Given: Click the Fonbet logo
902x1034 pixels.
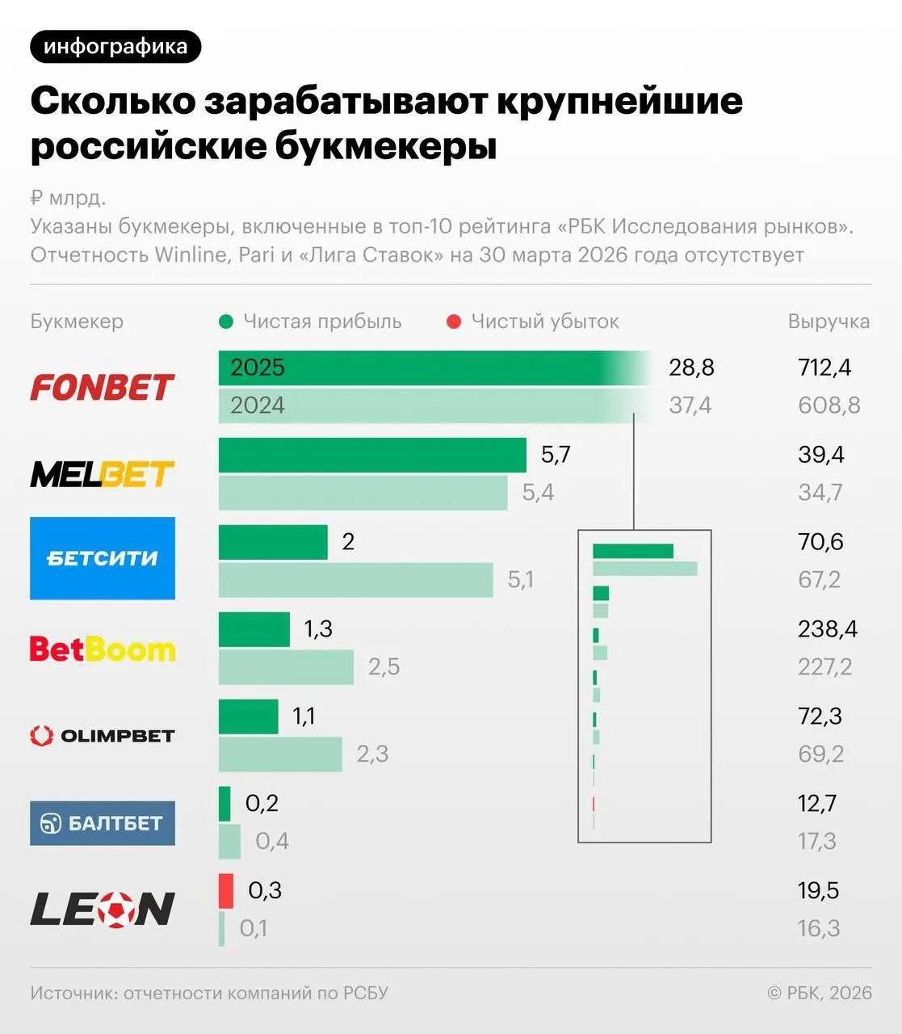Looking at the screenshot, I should pyautogui.click(x=102, y=387).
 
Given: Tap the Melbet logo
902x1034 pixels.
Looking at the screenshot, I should pyautogui.click(x=102, y=474).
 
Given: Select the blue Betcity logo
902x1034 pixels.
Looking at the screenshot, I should pyautogui.click(x=103, y=558).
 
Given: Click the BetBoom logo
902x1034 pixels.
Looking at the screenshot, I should pyautogui.click(x=103, y=649).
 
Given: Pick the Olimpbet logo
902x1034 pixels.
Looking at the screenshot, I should pyautogui.click(x=103, y=736).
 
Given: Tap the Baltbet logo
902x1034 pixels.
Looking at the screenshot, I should pyautogui.click(x=103, y=823).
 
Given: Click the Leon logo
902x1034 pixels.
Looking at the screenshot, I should pyautogui.click(x=103, y=909).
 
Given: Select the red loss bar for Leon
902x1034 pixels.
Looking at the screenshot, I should pyautogui.click(x=226, y=890).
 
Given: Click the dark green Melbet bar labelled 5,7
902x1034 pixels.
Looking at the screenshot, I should pyautogui.click(x=372, y=455).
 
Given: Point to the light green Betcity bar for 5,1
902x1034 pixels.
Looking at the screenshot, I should pyautogui.click(x=355, y=580).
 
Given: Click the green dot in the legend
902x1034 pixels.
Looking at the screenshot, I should pyautogui.click(x=227, y=322).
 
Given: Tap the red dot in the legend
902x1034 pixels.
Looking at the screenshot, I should pyautogui.click(x=454, y=322).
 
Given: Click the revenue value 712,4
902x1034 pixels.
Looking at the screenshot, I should pyautogui.click(x=824, y=368).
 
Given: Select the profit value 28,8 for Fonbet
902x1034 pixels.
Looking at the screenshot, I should pyautogui.click(x=691, y=368).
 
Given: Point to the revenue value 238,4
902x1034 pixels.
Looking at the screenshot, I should pyautogui.click(x=828, y=628).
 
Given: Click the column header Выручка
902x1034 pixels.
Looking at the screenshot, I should pyautogui.click(x=829, y=322).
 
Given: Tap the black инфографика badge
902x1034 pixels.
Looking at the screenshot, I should pyautogui.click(x=115, y=47).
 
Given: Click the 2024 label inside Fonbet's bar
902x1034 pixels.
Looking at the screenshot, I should pyautogui.click(x=258, y=406).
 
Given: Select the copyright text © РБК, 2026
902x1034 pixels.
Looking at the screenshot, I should pyautogui.click(x=820, y=993).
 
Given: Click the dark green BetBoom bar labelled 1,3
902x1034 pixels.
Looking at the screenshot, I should pyautogui.click(x=254, y=629).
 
